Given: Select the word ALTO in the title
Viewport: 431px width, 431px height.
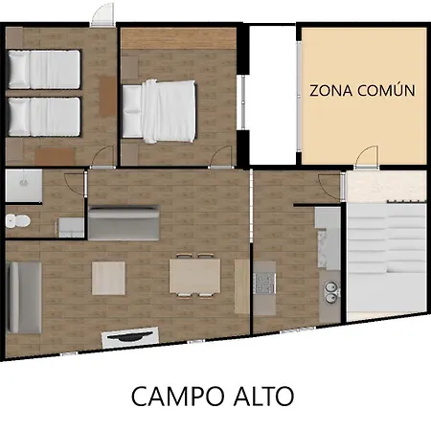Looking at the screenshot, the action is point(263,397).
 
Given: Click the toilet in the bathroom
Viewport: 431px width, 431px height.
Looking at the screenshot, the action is point(18,220).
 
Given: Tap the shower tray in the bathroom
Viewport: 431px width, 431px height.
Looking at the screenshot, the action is point(24,186).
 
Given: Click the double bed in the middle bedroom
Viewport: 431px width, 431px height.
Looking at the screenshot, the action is point(159,111).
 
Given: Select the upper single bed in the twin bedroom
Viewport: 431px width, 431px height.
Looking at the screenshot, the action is point(44,69).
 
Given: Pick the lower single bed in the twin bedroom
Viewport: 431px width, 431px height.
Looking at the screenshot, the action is point(44,117).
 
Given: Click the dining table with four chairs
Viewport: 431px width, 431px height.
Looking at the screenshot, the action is point(194,276).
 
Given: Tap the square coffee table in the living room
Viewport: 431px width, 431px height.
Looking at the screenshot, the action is point(108,278).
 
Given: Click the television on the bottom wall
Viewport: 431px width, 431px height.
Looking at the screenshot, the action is point(130,337).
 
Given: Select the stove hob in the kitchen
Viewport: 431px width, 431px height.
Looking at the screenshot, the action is point(264,284).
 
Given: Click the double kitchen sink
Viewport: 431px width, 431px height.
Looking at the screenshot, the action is point(330,292).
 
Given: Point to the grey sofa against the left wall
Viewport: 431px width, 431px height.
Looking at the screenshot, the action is point(24,298).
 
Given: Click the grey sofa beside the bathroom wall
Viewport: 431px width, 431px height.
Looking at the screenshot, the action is point(124,223).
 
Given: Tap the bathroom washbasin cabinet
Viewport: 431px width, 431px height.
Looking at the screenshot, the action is point(71,228).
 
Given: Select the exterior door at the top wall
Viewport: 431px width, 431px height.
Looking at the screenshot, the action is point(102,14).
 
